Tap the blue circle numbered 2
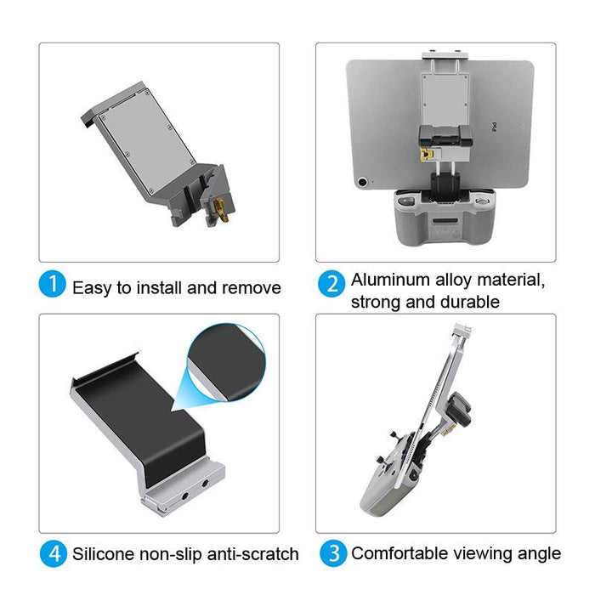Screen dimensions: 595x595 [332, 284]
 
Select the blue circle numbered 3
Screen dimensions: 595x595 [332, 553]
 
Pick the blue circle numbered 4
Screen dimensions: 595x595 [52, 554]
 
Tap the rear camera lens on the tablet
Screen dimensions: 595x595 [364, 181]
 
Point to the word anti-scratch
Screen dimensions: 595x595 [257, 554]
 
